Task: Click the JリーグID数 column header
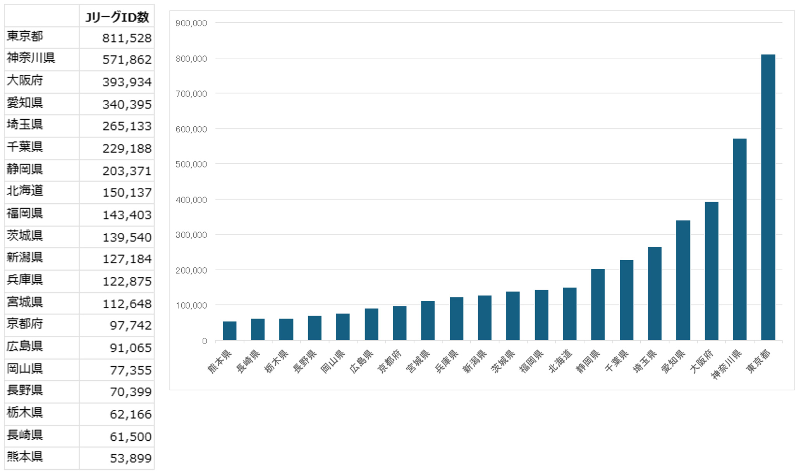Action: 117,17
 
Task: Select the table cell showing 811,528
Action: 127,38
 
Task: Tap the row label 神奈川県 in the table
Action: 31,58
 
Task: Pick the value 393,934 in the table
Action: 127,82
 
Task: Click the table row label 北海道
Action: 25,191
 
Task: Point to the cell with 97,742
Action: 131,325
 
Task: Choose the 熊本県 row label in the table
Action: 25,457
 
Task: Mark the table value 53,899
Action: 131,459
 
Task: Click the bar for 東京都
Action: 768,197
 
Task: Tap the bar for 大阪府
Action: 712,271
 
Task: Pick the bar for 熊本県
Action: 230,331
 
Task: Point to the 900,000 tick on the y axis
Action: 191,23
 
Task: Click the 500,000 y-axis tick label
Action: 191,164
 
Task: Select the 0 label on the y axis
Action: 204,341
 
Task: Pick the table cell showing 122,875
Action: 127,281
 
